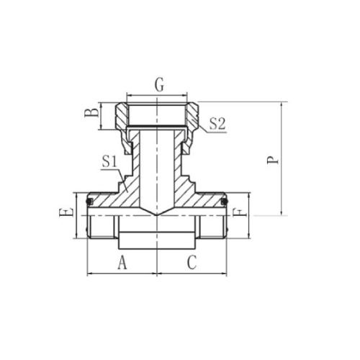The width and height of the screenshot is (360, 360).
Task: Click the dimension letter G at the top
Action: click(159, 84)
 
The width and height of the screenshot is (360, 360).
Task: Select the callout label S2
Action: click(217, 125)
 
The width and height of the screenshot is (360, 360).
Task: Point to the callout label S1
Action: click(109, 161)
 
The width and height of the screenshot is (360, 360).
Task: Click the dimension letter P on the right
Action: click(273, 160)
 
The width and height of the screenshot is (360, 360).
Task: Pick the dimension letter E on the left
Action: click(66, 212)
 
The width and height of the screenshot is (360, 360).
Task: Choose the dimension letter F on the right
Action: click(240, 212)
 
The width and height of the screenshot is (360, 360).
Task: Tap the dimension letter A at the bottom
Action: click(122, 262)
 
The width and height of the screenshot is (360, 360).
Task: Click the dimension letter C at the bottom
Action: click(192, 262)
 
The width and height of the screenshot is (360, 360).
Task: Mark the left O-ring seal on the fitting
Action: click(89, 202)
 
